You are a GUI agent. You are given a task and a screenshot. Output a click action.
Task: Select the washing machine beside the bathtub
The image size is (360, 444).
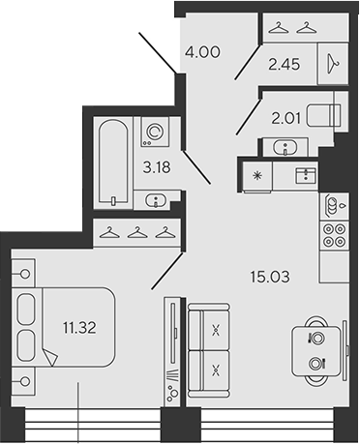click(154, 132)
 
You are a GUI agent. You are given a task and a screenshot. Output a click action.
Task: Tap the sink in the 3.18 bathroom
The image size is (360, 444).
click(154, 200)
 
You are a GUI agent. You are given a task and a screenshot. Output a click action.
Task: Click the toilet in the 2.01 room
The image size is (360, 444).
click(324, 113)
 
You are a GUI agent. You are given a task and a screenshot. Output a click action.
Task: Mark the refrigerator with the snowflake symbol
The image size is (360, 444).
click(256, 174)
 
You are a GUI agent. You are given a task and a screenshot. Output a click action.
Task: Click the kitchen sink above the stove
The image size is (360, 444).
click(333, 205)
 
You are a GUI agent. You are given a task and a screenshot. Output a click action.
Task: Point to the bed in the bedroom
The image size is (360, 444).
click(63, 328)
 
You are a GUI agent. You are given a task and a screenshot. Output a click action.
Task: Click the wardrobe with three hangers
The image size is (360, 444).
click(139, 232)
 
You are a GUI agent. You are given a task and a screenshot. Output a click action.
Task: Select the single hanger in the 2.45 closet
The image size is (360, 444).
click(333, 61)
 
